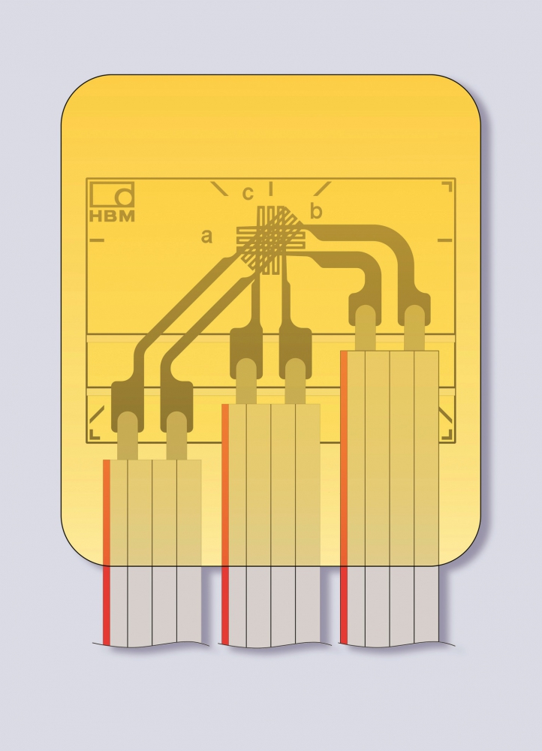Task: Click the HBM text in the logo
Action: pos(112,216)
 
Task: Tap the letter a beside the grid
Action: pos(206,236)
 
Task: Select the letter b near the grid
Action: pos(316,210)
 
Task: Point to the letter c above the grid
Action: pos(248,193)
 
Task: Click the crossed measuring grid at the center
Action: pos(271,240)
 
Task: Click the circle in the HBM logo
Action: pos(124,198)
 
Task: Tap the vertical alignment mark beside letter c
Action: pos(271,189)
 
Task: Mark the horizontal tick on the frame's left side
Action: pos(97,240)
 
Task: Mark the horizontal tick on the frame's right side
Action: pos(445,240)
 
